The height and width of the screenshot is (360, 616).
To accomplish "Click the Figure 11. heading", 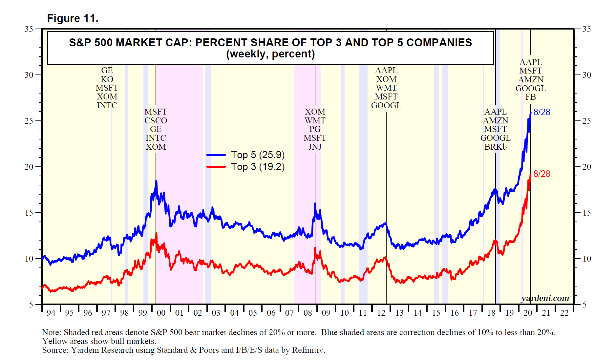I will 73,18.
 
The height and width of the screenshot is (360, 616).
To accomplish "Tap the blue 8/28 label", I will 542,112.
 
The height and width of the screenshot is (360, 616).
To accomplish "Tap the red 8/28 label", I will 542,174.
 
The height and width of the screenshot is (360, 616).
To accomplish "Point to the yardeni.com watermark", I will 545,298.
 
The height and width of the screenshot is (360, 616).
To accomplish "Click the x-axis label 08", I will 308,313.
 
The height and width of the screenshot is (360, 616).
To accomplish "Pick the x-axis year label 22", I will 564,313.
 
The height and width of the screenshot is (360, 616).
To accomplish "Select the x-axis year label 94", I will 51,313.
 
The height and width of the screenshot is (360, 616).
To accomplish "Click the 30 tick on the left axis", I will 29,75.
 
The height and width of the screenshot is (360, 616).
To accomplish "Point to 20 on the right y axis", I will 586,167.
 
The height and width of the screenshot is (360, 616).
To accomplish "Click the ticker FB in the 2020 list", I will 530,97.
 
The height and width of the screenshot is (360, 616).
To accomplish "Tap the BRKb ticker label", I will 495,147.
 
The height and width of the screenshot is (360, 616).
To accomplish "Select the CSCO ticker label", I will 156,121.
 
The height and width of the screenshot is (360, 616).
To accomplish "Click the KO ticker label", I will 107,79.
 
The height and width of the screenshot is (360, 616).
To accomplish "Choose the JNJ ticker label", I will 315,147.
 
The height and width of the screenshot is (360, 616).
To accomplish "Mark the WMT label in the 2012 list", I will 386,88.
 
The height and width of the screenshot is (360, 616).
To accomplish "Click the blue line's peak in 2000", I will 156,180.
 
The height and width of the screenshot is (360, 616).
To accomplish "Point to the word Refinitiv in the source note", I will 308,350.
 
